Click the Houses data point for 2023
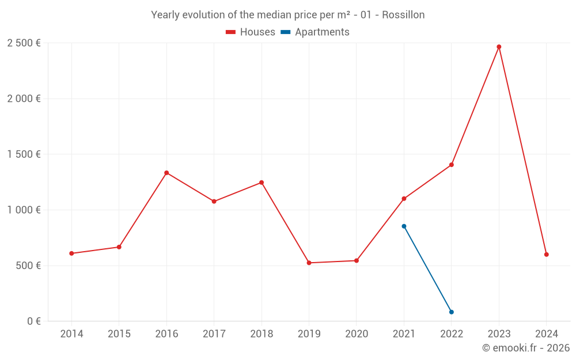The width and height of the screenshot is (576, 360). (x=499, y=47)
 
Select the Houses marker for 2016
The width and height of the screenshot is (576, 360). (x=166, y=173)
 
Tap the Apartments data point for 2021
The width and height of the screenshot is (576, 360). (x=404, y=226)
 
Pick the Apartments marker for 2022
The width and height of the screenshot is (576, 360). (x=452, y=312)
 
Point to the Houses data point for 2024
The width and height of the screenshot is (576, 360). (x=546, y=255)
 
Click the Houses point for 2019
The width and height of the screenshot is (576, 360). (x=309, y=263)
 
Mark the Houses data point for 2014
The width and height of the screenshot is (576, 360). (x=71, y=253)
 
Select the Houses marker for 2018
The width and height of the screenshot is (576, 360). (x=262, y=183)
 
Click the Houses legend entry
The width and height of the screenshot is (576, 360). (x=251, y=32)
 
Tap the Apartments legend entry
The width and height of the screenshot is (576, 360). (x=315, y=32)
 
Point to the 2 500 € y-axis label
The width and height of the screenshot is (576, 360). (x=24, y=43)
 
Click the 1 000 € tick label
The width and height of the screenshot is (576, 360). (x=24, y=210)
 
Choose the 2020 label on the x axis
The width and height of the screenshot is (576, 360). (x=357, y=334)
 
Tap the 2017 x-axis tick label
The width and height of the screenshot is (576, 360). (x=214, y=334)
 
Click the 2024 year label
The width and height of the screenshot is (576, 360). (x=546, y=334)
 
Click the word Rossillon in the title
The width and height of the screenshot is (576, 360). (x=403, y=15)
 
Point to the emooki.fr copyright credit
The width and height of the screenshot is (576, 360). (x=525, y=348)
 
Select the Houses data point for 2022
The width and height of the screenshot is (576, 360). (x=452, y=165)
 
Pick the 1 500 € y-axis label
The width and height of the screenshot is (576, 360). (x=24, y=154)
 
